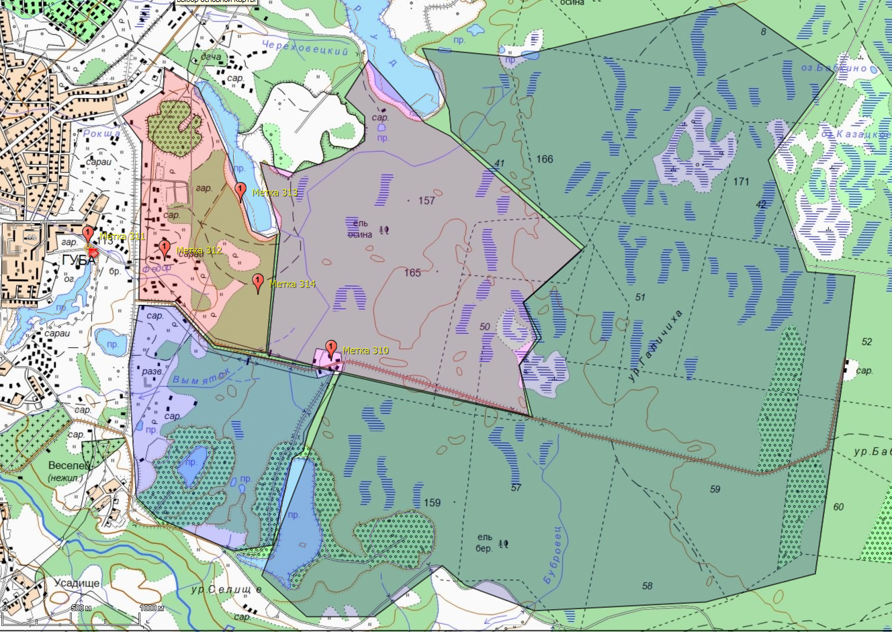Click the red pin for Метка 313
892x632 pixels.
click(x=240, y=191)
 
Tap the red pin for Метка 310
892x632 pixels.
click(x=330, y=349)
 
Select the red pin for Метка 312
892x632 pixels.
click(x=165, y=249)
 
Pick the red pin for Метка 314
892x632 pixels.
click(x=257, y=282)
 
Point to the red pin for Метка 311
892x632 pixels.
click(x=87, y=234)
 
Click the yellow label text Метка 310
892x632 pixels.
click(x=365, y=351)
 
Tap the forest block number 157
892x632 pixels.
click(x=427, y=200)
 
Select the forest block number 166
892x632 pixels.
click(x=545, y=159)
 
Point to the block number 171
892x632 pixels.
click(x=741, y=181)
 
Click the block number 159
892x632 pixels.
click(x=432, y=502)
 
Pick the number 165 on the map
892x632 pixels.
click(x=412, y=272)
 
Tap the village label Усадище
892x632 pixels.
click(x=77, y=583)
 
